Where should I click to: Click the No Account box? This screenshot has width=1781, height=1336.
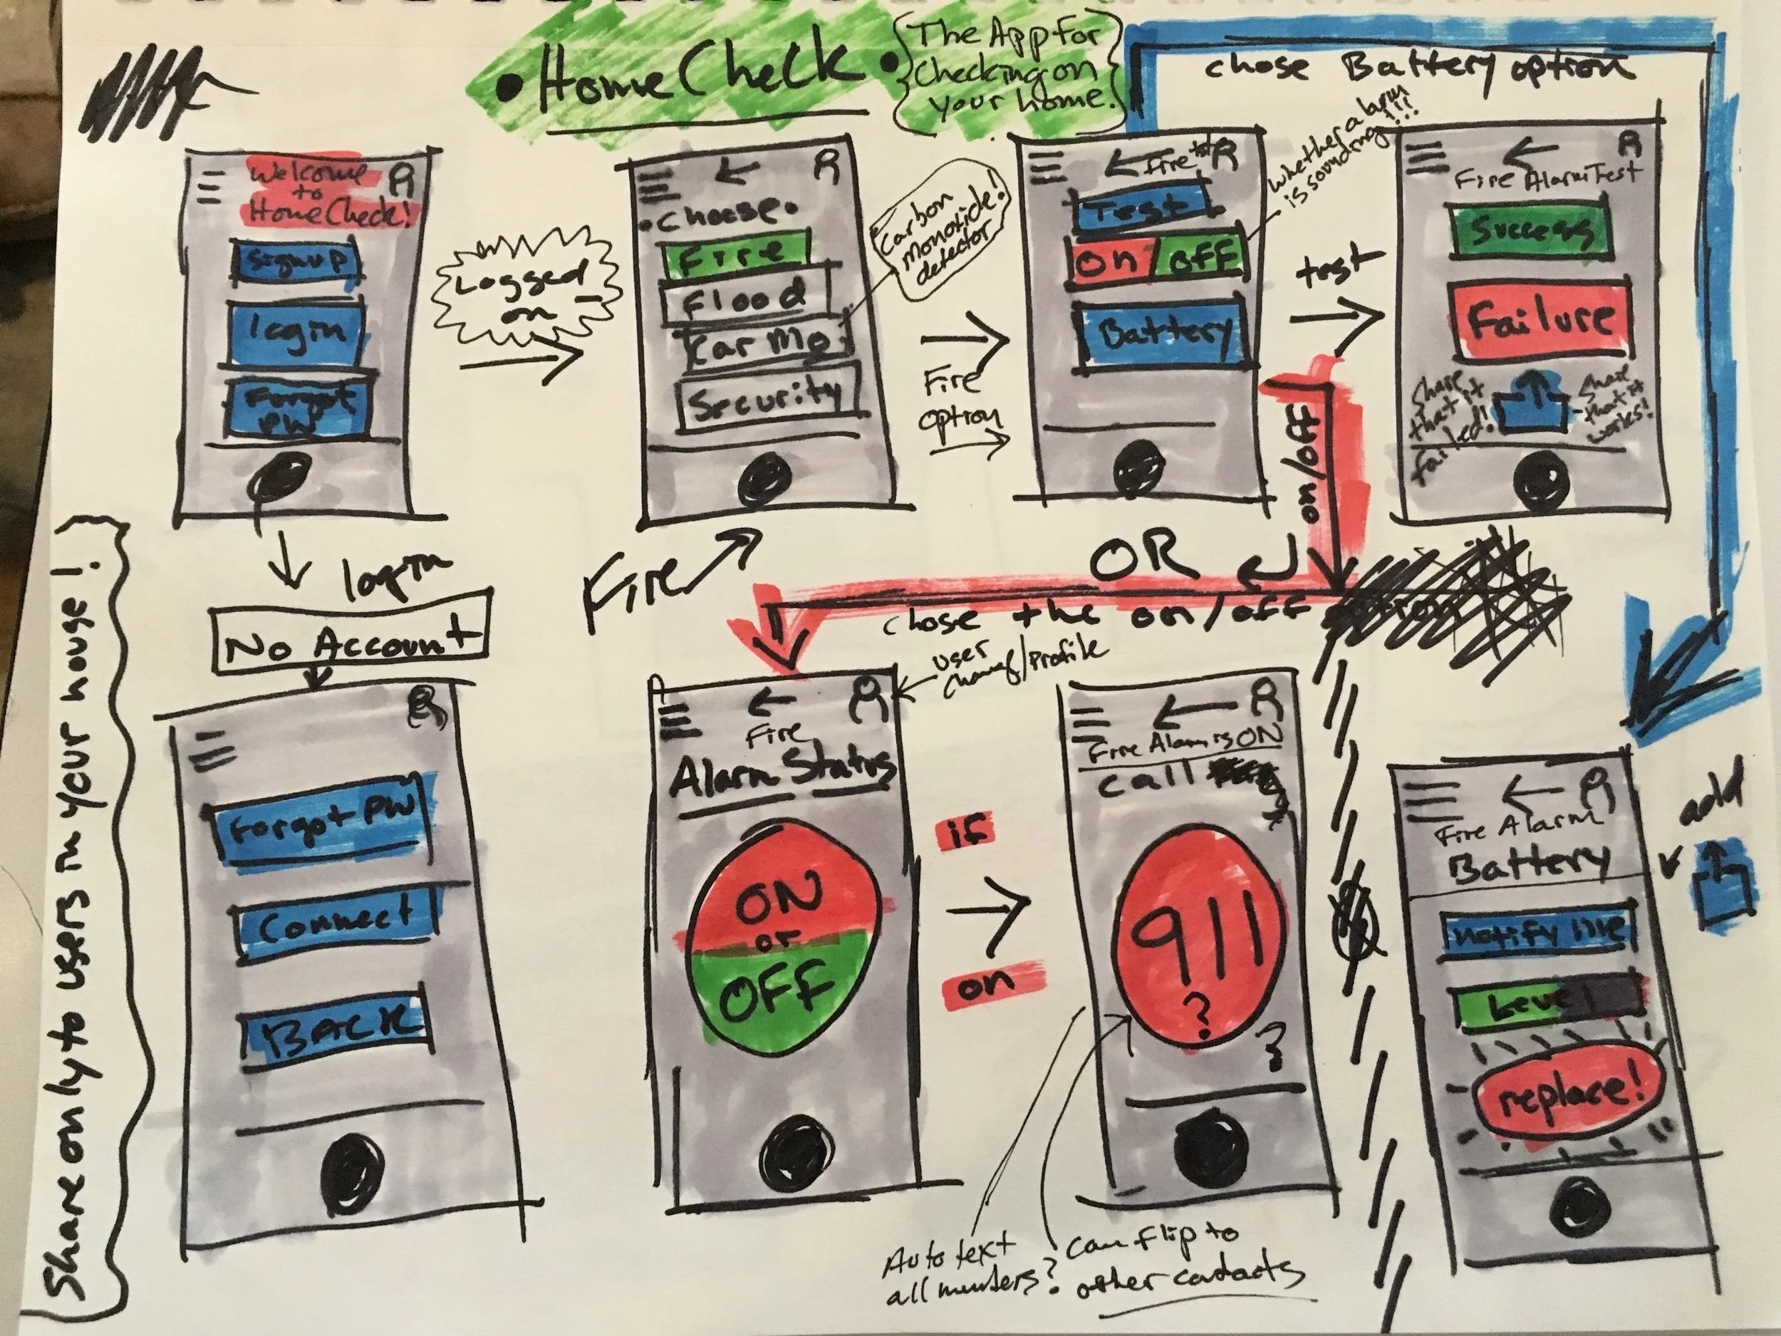coord(350,642)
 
